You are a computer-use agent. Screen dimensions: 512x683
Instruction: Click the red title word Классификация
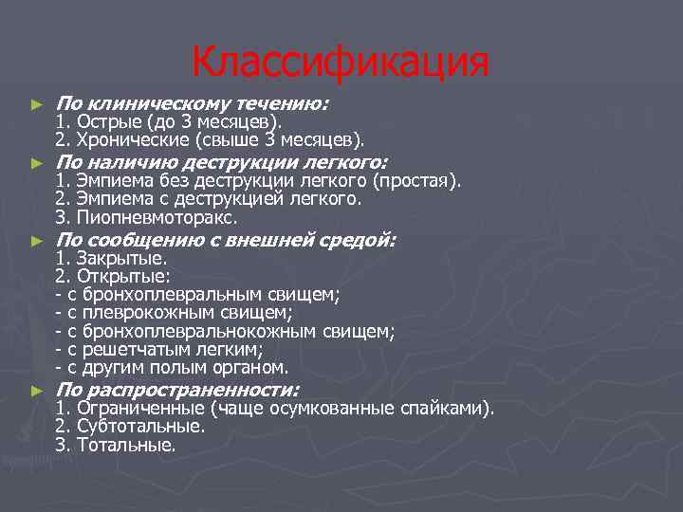[x=341, y=64]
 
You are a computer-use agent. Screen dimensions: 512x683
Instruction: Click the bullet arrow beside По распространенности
[x=37, y=391]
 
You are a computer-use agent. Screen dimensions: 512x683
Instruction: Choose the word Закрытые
[x=121, y=258]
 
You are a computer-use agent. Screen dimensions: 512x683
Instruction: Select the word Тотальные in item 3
[x=126, y=445]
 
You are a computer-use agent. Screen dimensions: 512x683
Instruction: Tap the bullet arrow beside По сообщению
[x=37, y=241]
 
